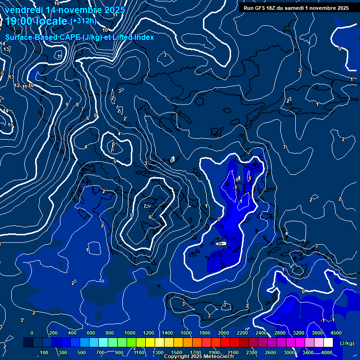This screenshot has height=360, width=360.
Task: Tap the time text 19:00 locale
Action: coord(36,21)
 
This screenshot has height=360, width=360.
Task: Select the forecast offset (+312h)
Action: coord(83,21)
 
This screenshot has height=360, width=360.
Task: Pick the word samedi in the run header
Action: coord(308,8)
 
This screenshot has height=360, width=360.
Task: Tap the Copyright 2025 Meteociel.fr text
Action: coord(199,357)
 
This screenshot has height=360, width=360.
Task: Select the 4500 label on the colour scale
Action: coord(336,333)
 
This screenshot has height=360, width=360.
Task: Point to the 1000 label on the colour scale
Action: coord(129,333)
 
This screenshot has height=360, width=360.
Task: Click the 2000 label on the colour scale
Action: coord(223,333)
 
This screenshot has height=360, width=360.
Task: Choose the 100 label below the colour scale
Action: coord(45,352)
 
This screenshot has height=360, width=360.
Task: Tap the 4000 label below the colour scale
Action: coord(327,352)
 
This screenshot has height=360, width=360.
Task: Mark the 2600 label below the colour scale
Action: coord(270,352)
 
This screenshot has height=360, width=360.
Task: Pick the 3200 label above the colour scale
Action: coord(299,333)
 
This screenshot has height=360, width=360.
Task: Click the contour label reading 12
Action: coord(17,86)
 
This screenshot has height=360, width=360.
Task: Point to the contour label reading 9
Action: coord(67,105)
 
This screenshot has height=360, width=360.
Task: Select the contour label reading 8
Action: coord(77,105)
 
